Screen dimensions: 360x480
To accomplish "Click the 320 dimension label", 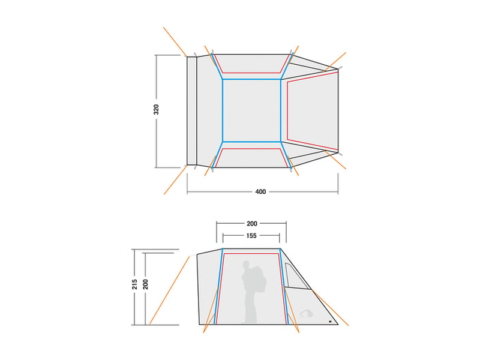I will point(156,110).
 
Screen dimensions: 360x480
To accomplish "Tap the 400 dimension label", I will point(260,192).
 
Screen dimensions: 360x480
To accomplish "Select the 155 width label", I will point(251,236).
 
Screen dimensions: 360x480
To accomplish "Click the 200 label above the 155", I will point(251,223).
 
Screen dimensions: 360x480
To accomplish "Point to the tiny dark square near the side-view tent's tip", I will point(329,322).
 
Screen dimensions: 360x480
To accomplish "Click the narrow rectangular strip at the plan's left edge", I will point(192,110).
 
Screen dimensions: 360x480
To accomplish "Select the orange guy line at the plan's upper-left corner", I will point(175,41).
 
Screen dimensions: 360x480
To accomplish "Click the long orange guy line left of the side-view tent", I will point(171,289).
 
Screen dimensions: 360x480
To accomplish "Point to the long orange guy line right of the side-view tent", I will point(330,307).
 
